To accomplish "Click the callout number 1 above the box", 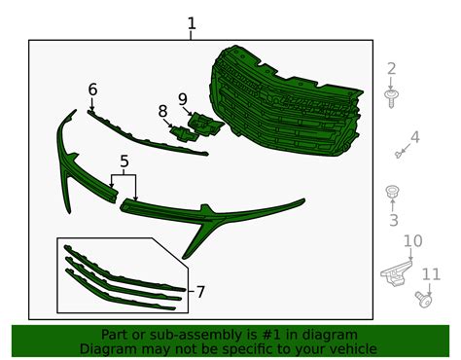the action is click(x=192, y=23).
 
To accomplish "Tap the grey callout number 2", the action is click(x=392, y=69).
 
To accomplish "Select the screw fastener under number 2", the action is click(x=391, y=98).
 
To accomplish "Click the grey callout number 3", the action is click(x=393, y=220).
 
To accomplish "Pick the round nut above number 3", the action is click(x=392, y=192).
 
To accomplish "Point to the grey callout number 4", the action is click(x=414, y=137).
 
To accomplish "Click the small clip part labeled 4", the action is click(x=399, y=154).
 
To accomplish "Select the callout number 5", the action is click(x=124, y=162).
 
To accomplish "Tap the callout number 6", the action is click(x=92, y=90).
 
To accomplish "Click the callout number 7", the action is click(x=200, y=292).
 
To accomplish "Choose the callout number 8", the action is click(x=162, y=111).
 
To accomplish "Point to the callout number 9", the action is click(x=183, y=99).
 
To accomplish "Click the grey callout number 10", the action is click(x=412, y=241).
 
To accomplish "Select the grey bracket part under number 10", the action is click(x=397, y=273).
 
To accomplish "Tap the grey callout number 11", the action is click(x=431, y=274).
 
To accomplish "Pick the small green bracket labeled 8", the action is click(x=184, y=133).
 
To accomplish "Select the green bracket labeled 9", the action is click(x=205, y=124).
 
